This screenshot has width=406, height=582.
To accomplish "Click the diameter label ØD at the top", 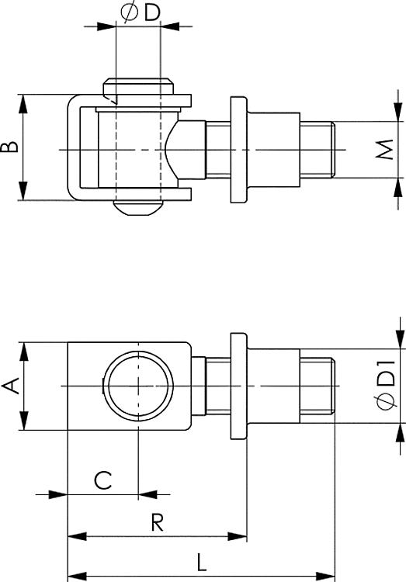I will click(141, 13).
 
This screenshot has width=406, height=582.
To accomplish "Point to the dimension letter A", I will click(10, 386).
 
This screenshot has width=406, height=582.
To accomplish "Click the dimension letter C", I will click(102, 480).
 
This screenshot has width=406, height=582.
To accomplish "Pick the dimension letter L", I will click(201, 563).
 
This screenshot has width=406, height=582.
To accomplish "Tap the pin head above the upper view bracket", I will click(138, 86).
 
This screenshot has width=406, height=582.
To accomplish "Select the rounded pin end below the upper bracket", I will click(137, 207).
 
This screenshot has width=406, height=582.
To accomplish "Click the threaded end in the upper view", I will click(318, 150).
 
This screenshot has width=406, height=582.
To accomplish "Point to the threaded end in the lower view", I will click(318, 386).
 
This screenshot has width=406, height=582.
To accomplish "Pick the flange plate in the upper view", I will click(238, 150).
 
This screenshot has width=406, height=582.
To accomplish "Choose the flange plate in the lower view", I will click(238, 386).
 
